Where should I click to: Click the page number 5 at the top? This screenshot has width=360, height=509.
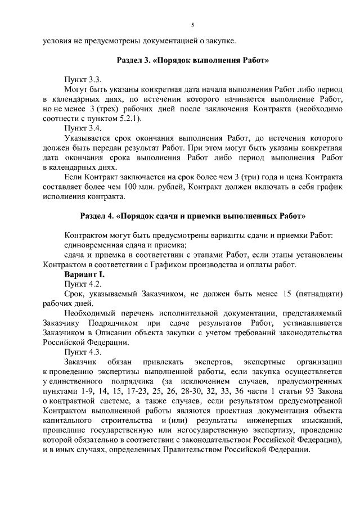tap(192, 25)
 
